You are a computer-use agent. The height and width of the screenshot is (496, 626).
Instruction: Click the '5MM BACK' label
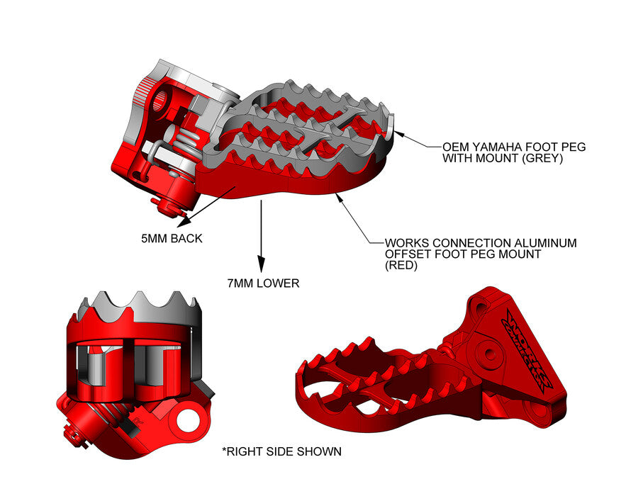pos(172,239)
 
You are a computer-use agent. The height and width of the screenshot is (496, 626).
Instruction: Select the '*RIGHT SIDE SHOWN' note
pos(281,451)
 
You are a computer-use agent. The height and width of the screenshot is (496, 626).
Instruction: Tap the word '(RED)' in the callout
pos(401,266)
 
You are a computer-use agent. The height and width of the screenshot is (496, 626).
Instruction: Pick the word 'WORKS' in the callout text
pos(406,243)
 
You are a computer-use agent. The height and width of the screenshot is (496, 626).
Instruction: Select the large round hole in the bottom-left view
pos(190,419)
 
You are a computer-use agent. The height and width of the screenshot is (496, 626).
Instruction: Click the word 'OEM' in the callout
pos(457,147)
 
